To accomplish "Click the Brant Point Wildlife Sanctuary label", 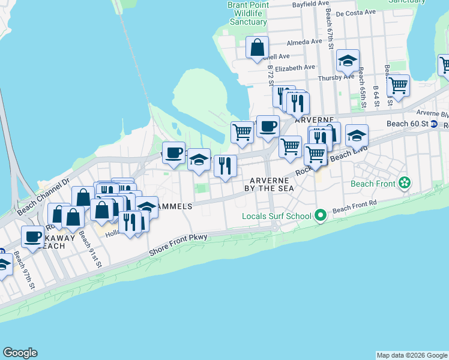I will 247,13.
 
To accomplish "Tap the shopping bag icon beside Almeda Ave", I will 257,47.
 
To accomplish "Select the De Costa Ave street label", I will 355,12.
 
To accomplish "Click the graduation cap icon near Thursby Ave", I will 348,61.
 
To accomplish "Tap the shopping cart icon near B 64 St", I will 398,86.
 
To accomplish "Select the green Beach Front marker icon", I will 405,182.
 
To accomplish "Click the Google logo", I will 20,353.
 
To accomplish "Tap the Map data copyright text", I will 412,355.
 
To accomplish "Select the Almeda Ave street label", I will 304,42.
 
